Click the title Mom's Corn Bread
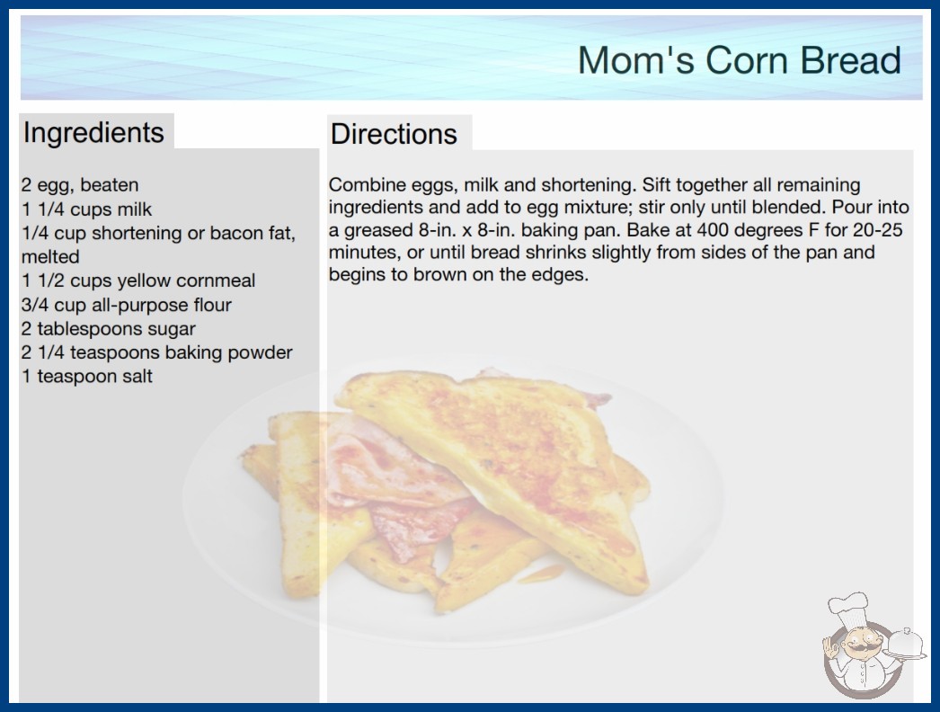740,60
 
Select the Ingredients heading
93,132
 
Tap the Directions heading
394,134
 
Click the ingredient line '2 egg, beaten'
80,185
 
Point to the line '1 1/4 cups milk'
86,209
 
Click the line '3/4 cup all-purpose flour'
126,305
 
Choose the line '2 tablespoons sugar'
108,329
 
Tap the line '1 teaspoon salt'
87,376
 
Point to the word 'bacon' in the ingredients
236,233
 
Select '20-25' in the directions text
878,230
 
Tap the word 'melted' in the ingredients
50,257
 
